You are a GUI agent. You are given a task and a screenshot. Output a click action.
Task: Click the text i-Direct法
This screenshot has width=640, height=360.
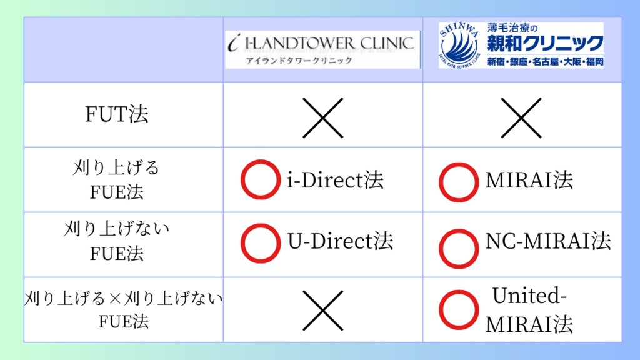[x=335, y=181]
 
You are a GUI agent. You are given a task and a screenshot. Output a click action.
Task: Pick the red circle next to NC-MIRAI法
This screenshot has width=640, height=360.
[x=459, y=244]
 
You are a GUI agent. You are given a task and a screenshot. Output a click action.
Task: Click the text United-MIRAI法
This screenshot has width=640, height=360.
[x=530, y=309]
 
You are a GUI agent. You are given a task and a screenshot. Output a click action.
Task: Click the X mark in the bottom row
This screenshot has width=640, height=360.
[x=322, y=309]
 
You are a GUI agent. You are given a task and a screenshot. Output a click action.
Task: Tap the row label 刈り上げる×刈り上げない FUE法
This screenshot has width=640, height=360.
[x=124, y=309]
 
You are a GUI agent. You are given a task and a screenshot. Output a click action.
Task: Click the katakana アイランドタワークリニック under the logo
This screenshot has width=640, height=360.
[x=298, y=61]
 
